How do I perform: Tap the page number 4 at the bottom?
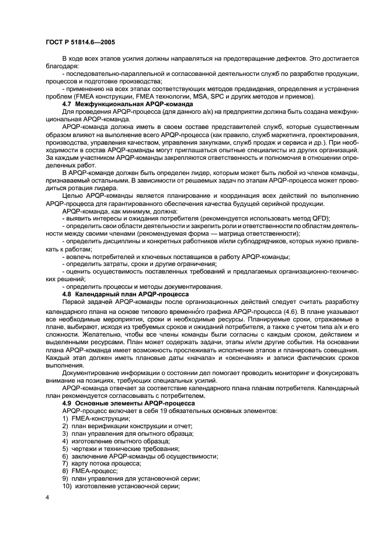(x=47, y=499)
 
